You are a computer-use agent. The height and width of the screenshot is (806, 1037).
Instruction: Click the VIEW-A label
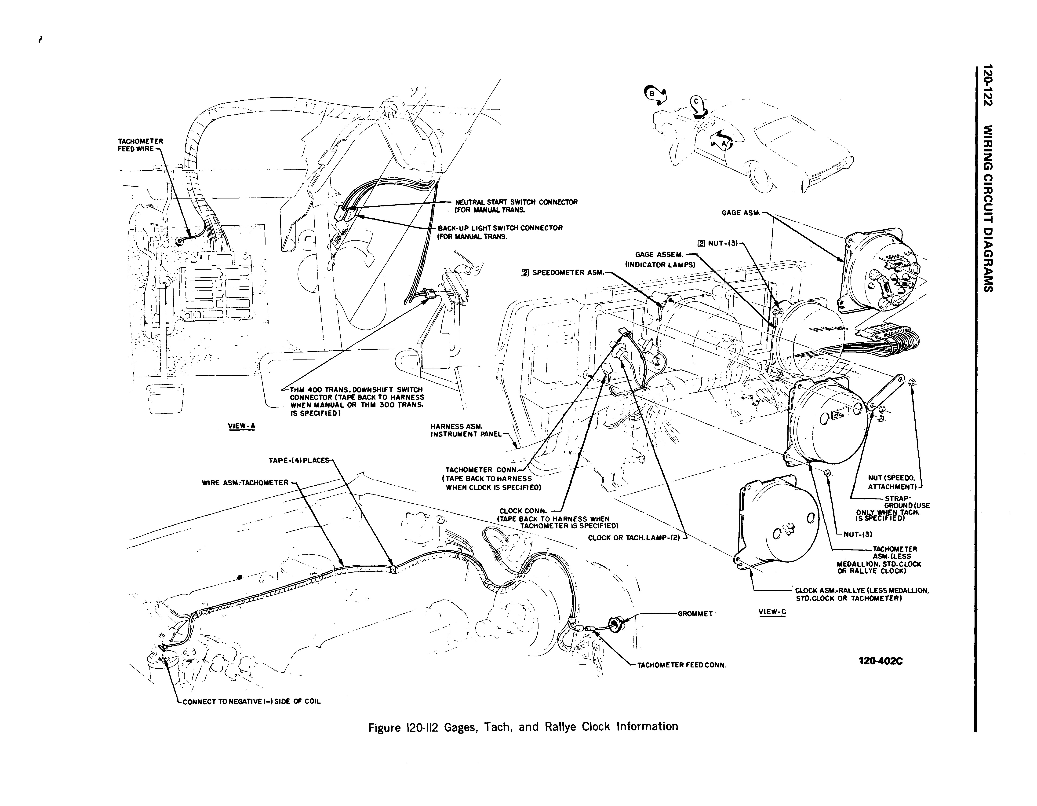(x=242, y=425)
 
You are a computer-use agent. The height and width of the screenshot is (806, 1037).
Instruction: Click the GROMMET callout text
(x=695, y=614)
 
